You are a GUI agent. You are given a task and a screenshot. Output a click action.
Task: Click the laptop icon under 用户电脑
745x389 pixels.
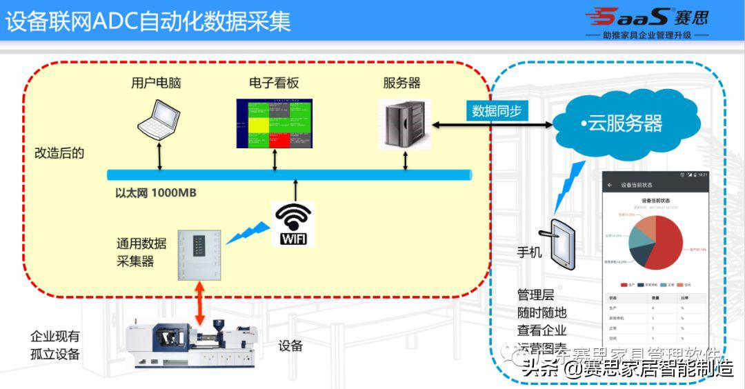click(x=159, y=119)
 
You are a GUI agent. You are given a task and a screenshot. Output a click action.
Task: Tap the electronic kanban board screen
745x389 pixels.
click(x=274, y=123)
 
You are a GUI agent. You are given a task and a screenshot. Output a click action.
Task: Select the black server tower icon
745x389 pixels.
click(x=404, y=124)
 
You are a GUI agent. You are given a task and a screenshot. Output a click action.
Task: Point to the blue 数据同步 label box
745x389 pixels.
click(x=496, y=110)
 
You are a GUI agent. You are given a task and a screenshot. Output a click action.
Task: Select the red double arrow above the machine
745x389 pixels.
click(x=199, y=307)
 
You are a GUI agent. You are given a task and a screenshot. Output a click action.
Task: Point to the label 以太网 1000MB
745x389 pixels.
click(x=155, y=193)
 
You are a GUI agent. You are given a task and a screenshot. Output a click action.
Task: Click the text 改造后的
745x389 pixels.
click(x=59, y=153)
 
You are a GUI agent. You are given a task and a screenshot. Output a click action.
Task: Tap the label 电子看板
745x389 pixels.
click(x=274, y=83)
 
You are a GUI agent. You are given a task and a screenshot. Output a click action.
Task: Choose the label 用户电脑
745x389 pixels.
click(x=156, y=83)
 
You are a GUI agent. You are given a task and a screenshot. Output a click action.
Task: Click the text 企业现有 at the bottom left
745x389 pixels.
click(x=55, y=337)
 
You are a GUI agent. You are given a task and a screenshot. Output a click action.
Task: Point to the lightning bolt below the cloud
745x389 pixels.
click(x=569, y=186)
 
